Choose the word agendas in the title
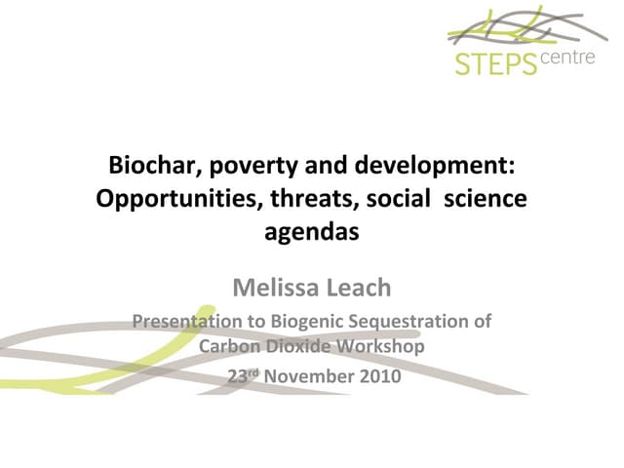[x=312, y=233]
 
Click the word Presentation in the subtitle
[x=184, y=320]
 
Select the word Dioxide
[x=299, y=346]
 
